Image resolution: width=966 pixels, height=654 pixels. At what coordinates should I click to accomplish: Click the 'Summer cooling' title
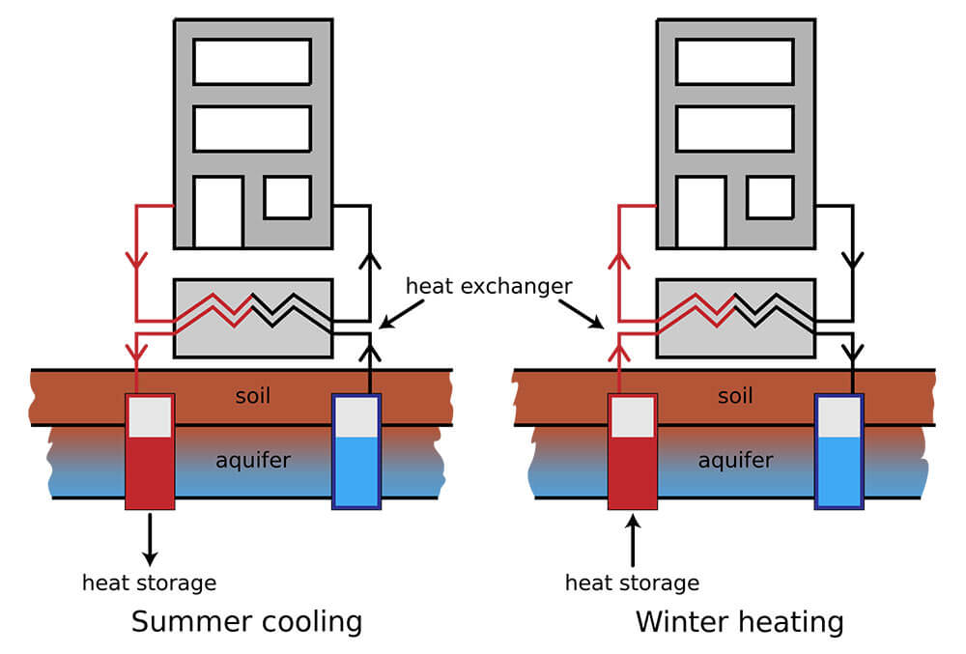(x=246, y=621)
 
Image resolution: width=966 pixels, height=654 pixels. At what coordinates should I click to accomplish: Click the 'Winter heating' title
(x=739, y=621)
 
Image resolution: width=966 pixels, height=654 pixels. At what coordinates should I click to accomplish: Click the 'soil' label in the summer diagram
(x=254, y=396)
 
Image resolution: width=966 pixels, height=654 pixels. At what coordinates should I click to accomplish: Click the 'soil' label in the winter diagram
(x=735, y=396)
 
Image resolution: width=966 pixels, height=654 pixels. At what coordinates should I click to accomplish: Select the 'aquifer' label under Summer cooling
(x=253, y=461)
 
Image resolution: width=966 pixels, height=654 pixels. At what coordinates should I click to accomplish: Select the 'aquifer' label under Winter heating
(x=735, y=461)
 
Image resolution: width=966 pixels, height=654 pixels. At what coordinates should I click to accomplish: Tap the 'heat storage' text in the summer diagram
(x=149, y=583)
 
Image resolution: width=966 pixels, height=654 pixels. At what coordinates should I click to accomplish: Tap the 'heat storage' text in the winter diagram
(x=632, y=583)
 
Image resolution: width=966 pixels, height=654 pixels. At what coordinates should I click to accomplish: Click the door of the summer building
(x=217, y=212)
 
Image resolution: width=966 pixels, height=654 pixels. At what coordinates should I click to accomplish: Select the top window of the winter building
(x=735, y=62)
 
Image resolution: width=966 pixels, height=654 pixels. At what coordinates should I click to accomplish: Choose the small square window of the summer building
(x=287, y=197)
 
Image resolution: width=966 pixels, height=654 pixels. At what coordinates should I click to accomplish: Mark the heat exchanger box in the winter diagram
(x=735, y=318)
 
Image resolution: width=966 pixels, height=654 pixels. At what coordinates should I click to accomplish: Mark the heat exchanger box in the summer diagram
(x=252, y=318)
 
